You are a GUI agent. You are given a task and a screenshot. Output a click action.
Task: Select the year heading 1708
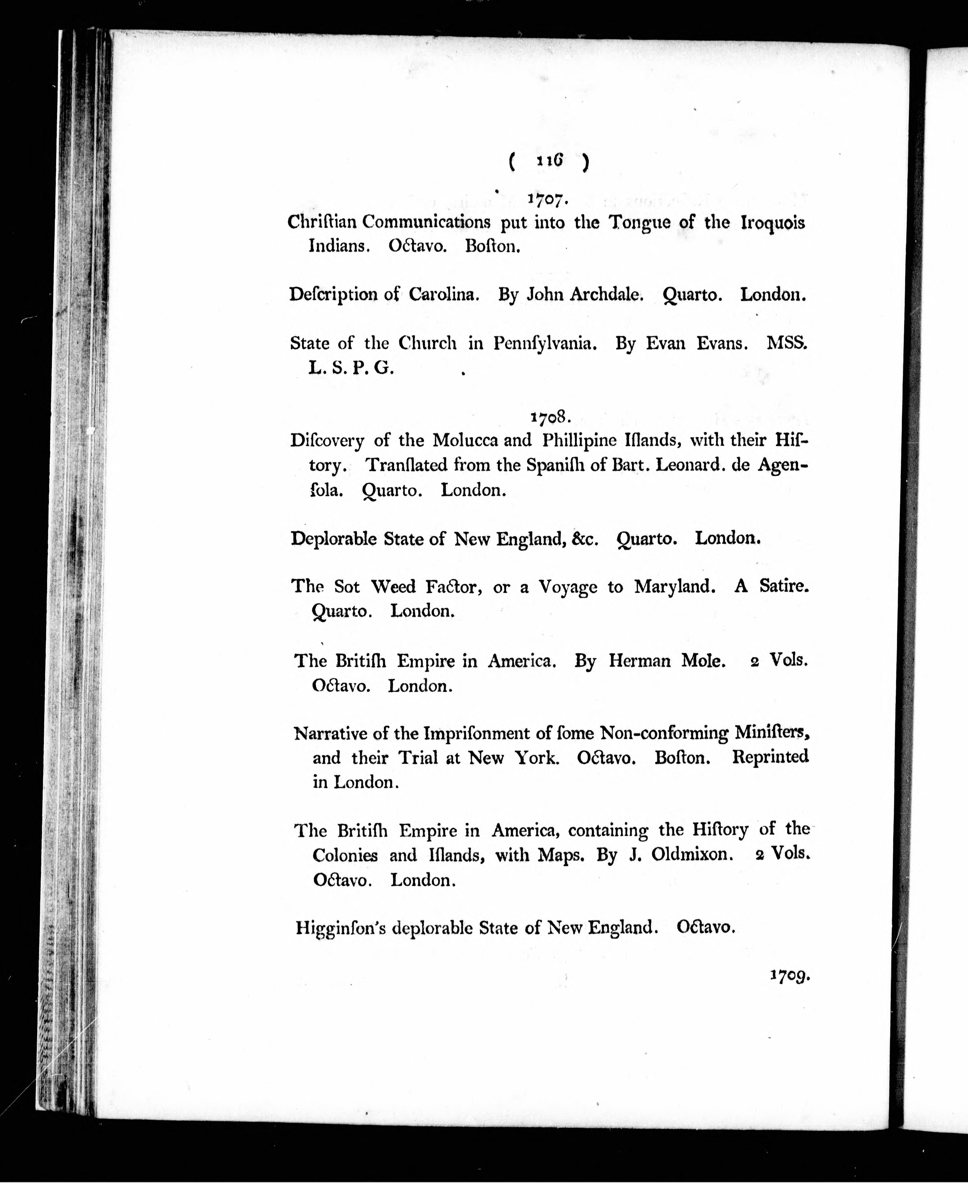pyautogui.click(x=549, y=416)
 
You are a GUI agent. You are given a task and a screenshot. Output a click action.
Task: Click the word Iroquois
pyautogui.click(x=773, y=223)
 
